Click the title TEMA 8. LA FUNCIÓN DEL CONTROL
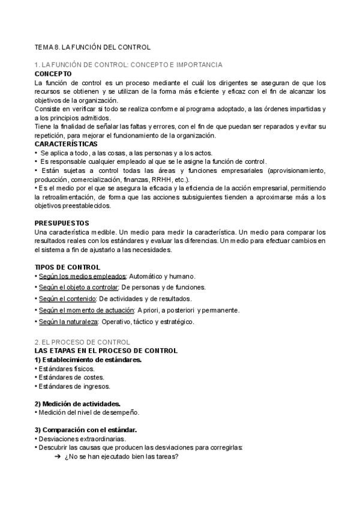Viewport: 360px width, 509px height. pyautogui.click(x=92, y=46)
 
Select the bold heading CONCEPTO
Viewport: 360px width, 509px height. pyautogui.click(x=53, y=73)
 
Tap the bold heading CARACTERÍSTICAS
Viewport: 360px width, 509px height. pyautogui.click(x=66, y=145)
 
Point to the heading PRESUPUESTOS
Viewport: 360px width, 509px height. pyautogui.click(x=62, y=223)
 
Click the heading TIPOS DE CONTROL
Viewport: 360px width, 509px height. pyautogui.click(x=67, y=267)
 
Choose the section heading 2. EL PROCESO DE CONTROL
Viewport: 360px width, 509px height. pyautogui.click(x=86, y=342)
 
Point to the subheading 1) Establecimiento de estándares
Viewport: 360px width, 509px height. pyautogui.click(x=88, y=359)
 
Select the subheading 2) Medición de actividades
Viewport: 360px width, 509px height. pyautogui.click(x=77, y=403)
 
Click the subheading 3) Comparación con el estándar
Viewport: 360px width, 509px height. pyautogui.click(x=86, y=430)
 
